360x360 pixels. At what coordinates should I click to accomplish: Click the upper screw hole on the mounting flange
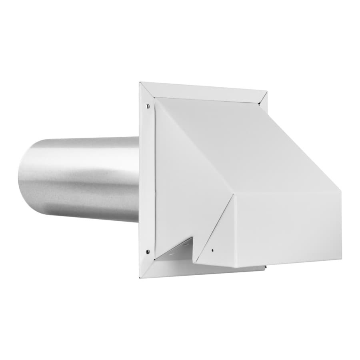click(x=148, y=106)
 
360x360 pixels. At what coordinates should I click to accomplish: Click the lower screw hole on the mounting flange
click(x=148, y=252)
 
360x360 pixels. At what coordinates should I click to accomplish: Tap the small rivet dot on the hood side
click(x=212, y=251)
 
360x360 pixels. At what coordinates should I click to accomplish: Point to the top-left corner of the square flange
click(x=140, y=83)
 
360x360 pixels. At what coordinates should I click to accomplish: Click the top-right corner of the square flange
click(x=267, y=92)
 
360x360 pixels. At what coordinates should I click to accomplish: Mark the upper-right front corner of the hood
click(x=341, y=191)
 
